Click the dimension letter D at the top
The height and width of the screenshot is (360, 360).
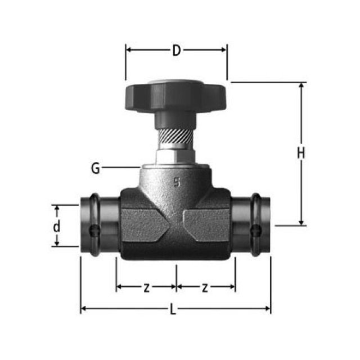[176, 50]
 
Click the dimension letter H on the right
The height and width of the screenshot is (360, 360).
[301, 153]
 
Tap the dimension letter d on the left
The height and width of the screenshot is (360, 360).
[56, 227]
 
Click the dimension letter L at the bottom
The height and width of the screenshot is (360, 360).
[173, 309]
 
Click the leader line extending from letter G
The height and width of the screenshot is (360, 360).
[121, 167]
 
